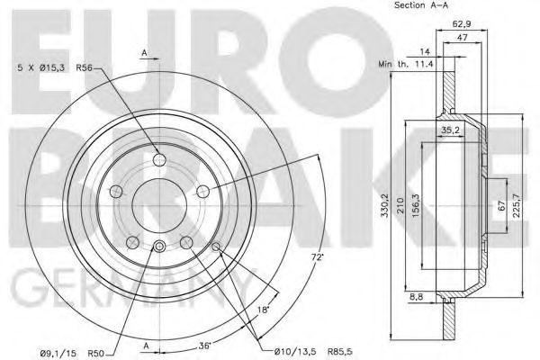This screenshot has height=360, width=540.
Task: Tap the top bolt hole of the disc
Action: [x=159, y=160]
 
